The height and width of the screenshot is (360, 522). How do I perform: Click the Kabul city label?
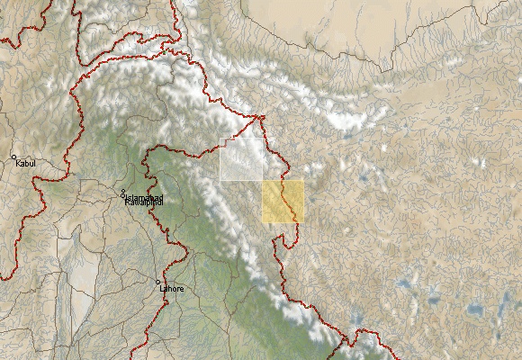coord(27,164)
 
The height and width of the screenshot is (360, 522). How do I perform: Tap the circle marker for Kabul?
coord(14,157)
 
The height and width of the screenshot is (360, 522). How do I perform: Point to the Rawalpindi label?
coord(144,202)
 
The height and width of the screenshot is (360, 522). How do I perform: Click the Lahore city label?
coord(172,289)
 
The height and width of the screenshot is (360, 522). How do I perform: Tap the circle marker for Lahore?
coord(158,283)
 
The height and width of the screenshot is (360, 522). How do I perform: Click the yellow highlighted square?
coord(283,202)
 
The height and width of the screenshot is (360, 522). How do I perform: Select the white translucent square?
coord(241,159)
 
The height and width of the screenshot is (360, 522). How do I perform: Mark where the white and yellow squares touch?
coord(263,181)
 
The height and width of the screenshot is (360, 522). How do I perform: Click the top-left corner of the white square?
coord(220,139)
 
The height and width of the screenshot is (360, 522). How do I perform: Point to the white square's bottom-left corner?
coord(220,180)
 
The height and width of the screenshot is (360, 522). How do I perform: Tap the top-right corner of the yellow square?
coord(304,181)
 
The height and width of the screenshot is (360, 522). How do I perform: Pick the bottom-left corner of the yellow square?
coord(263,222)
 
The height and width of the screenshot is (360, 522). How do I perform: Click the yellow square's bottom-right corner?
coord(304,222)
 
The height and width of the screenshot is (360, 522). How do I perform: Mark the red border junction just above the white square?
coord(262,117)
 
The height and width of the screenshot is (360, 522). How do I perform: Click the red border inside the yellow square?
coord(288,203)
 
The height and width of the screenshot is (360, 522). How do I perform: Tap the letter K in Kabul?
coord(19,164)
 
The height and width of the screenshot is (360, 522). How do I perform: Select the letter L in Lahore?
coord(162,289)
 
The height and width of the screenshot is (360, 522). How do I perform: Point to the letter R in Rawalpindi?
coord(127,202)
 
